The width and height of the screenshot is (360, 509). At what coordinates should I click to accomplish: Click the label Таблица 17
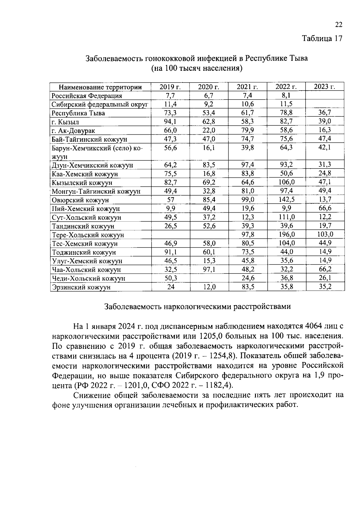[322, 39]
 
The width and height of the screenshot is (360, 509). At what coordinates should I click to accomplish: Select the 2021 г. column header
[247, 87]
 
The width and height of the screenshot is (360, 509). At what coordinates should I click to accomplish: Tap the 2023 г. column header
[325, 87]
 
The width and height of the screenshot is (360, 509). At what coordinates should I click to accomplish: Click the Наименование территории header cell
[100, 87]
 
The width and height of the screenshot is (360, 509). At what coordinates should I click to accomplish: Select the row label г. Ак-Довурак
[73, 131]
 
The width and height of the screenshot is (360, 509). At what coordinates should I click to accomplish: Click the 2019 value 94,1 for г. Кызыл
[170, 121]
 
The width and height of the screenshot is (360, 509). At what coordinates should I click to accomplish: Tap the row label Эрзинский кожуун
[81, 287]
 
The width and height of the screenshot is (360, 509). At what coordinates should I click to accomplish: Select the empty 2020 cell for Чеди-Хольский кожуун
[209, 278]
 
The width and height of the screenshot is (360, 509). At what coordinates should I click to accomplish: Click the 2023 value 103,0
[325, 234]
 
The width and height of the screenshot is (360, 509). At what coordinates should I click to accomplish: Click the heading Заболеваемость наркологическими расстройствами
[197, 307]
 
